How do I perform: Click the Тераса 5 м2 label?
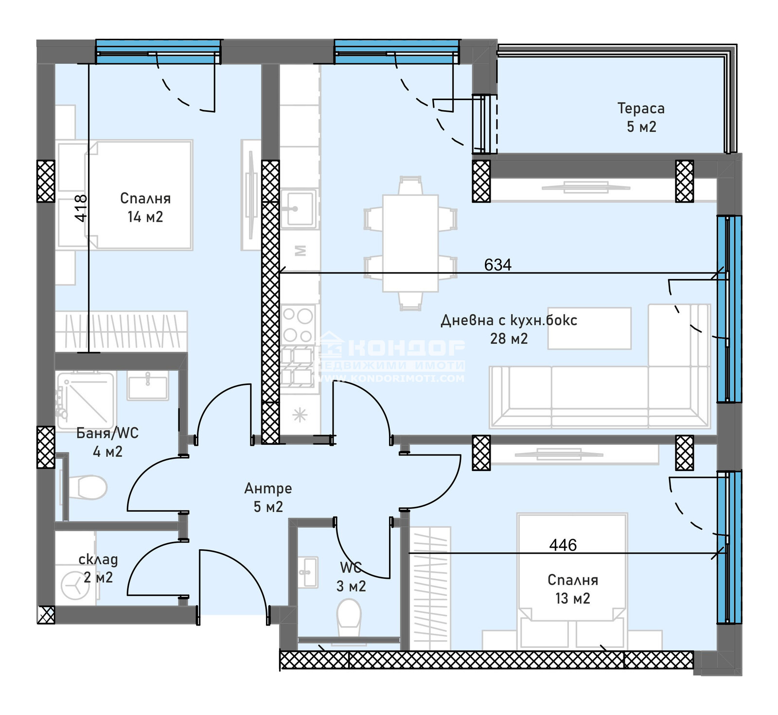(641, 117)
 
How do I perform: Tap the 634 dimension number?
(498, 265)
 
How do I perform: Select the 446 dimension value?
(563, 545)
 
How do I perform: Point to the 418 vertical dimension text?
(81, 208)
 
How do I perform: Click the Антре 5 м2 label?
(268, 497)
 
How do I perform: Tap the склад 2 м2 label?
(98, 568)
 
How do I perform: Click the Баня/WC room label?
(107, 433)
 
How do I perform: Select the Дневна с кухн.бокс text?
(509, 320)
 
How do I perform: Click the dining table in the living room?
(410, 243)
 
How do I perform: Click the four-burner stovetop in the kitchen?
(298, 325)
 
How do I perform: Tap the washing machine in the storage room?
(75, 585)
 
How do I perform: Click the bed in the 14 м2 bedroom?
(140, 194)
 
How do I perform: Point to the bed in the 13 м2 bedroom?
(572, 578)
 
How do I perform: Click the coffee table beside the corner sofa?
(589, 328)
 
